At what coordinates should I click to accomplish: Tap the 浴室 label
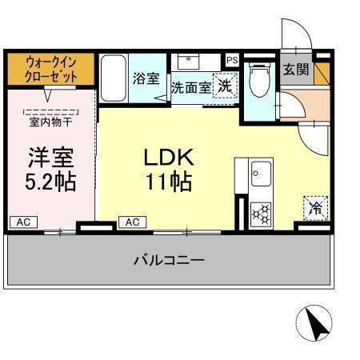coord(146,78)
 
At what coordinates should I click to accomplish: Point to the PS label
coord(232,61)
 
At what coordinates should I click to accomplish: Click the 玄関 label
coord(295,70)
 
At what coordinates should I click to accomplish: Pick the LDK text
coord(168,155)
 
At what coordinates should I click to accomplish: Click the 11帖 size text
coord(168,182)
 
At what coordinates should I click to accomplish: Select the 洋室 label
coord(50,155)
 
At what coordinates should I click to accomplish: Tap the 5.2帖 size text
coord(50,182)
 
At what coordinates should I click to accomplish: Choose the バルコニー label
coord(168,260)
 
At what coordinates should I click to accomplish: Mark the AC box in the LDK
coord(133,222)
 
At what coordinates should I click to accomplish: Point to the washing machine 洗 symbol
coord(226,86)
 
